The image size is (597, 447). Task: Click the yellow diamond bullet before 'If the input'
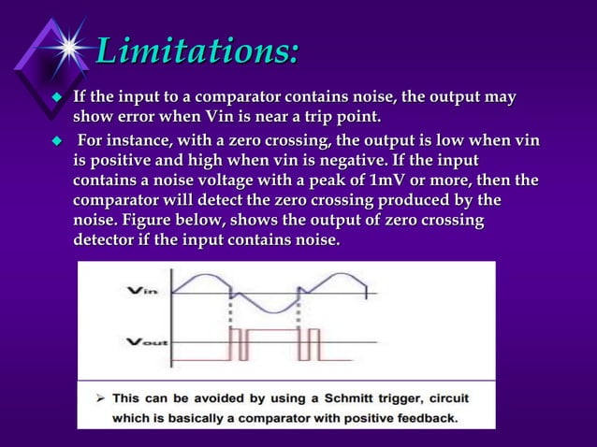coord(55,98)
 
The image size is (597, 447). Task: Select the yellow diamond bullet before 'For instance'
coord(55,141)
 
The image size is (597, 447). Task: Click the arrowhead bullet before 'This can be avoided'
coord(96,397)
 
